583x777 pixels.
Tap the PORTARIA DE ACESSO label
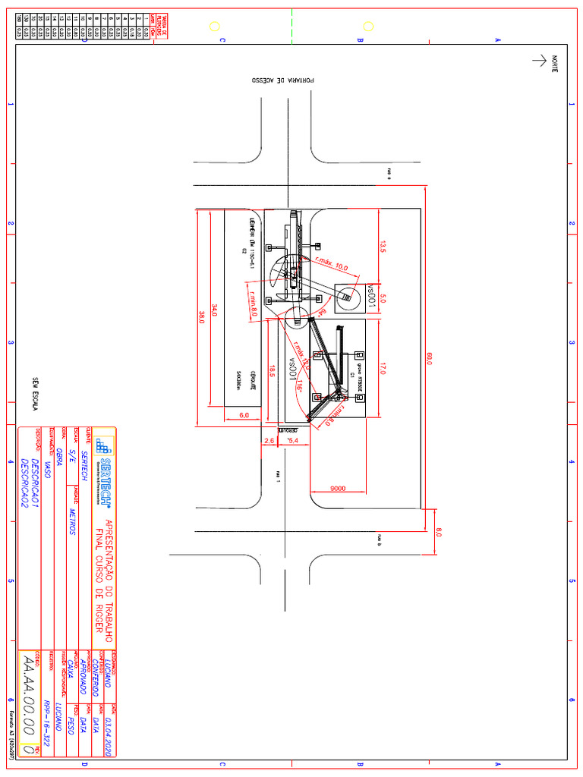pyautogui.click(x=282, y=79)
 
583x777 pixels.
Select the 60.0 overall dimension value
pyautogui.click(x=429, y=359)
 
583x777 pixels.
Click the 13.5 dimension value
pyautogui.click(x=383, y=246)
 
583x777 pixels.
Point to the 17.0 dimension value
pyautogui.click(x=383, y=369)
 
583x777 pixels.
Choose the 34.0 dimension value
pyautogui.click(x=215, y=310)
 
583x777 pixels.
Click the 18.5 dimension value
pyautogui.click(x=271, y=370)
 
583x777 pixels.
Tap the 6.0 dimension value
pyautogui.click(x=244, y=415)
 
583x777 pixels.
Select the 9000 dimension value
pyautogui.click(x=338, y=488)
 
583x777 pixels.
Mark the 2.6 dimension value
pyautogui.click(x=269, y=440)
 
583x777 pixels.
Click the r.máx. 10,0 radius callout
pyautogui.click(x=331, y=263)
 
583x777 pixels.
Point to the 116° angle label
pyautogui.click(x=300, y=386)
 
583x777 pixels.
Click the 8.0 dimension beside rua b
pyautogui.click(x=438, y=533)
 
